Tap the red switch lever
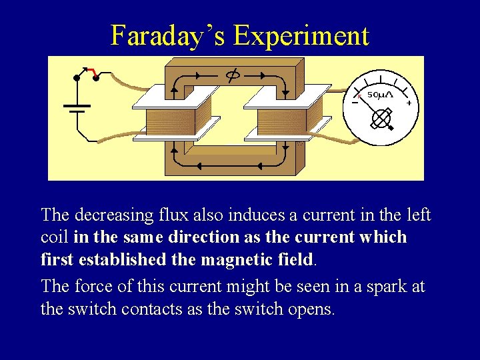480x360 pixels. (93, 73)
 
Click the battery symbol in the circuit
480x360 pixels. (77, 108)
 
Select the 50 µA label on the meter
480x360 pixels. (381, 95)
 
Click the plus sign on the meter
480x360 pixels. (408, 103)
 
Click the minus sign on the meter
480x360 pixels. (355, 102)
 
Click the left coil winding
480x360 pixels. (178, 122)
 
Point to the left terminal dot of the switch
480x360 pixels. (77, 78)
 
